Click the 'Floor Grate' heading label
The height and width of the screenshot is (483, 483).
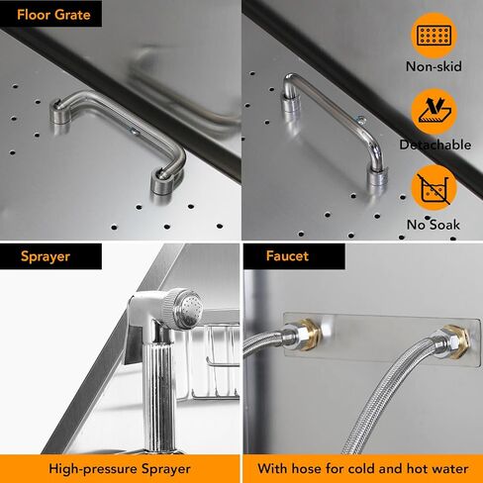[x=53, y=15]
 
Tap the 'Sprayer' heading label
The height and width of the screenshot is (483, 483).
[x=46, y=256]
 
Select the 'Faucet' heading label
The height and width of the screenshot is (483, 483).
[x=287, y=256]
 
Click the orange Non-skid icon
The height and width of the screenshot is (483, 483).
[x=434, y=36]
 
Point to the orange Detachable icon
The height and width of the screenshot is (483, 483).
[x=434, y=112]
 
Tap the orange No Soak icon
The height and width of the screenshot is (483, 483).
[x=434, y=188]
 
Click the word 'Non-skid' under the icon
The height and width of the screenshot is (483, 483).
[x=434, y=66]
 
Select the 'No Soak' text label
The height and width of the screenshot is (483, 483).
[x=434, y=225]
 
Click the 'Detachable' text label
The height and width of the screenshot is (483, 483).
[x=435, y=145]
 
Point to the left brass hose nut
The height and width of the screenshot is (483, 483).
[x=309, y=335]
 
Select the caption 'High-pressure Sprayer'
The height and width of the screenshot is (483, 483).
[x=120, y=469]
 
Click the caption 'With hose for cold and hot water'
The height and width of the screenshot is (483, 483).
[x=363, y=468]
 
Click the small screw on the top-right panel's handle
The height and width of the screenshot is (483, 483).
[x=360, y=121]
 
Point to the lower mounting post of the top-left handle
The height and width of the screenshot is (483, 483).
[x=162, y=181]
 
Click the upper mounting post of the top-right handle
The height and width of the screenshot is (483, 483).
[x=290, y=103]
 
